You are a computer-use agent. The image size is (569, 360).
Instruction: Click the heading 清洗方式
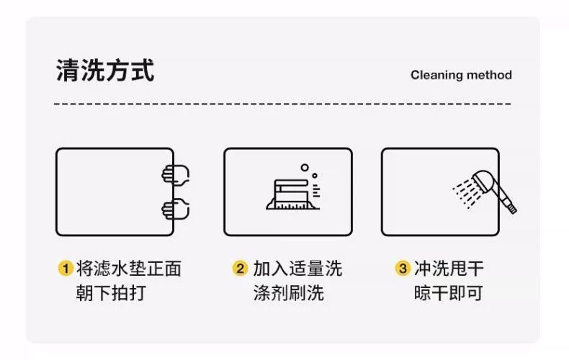coord(104,71)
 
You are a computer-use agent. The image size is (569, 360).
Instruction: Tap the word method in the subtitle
coord(489,75)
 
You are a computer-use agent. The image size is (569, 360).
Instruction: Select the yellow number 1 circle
coord(65,269)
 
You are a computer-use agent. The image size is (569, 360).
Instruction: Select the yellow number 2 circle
coord(240,269)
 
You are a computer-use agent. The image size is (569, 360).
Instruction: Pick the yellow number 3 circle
coord(403,269)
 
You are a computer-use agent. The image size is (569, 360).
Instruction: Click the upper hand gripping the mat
coord(175,175)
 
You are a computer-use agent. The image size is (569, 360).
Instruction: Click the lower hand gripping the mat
coord(175,210)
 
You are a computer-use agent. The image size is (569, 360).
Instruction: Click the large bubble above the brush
coord(305,168)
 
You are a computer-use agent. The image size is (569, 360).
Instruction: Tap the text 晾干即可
coord(448,293)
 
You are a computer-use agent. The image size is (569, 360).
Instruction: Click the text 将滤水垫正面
coord(128,269)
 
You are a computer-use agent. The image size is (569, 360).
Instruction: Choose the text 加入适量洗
coord(297,269)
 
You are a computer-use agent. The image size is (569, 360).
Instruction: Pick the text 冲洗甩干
coord(448,269)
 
